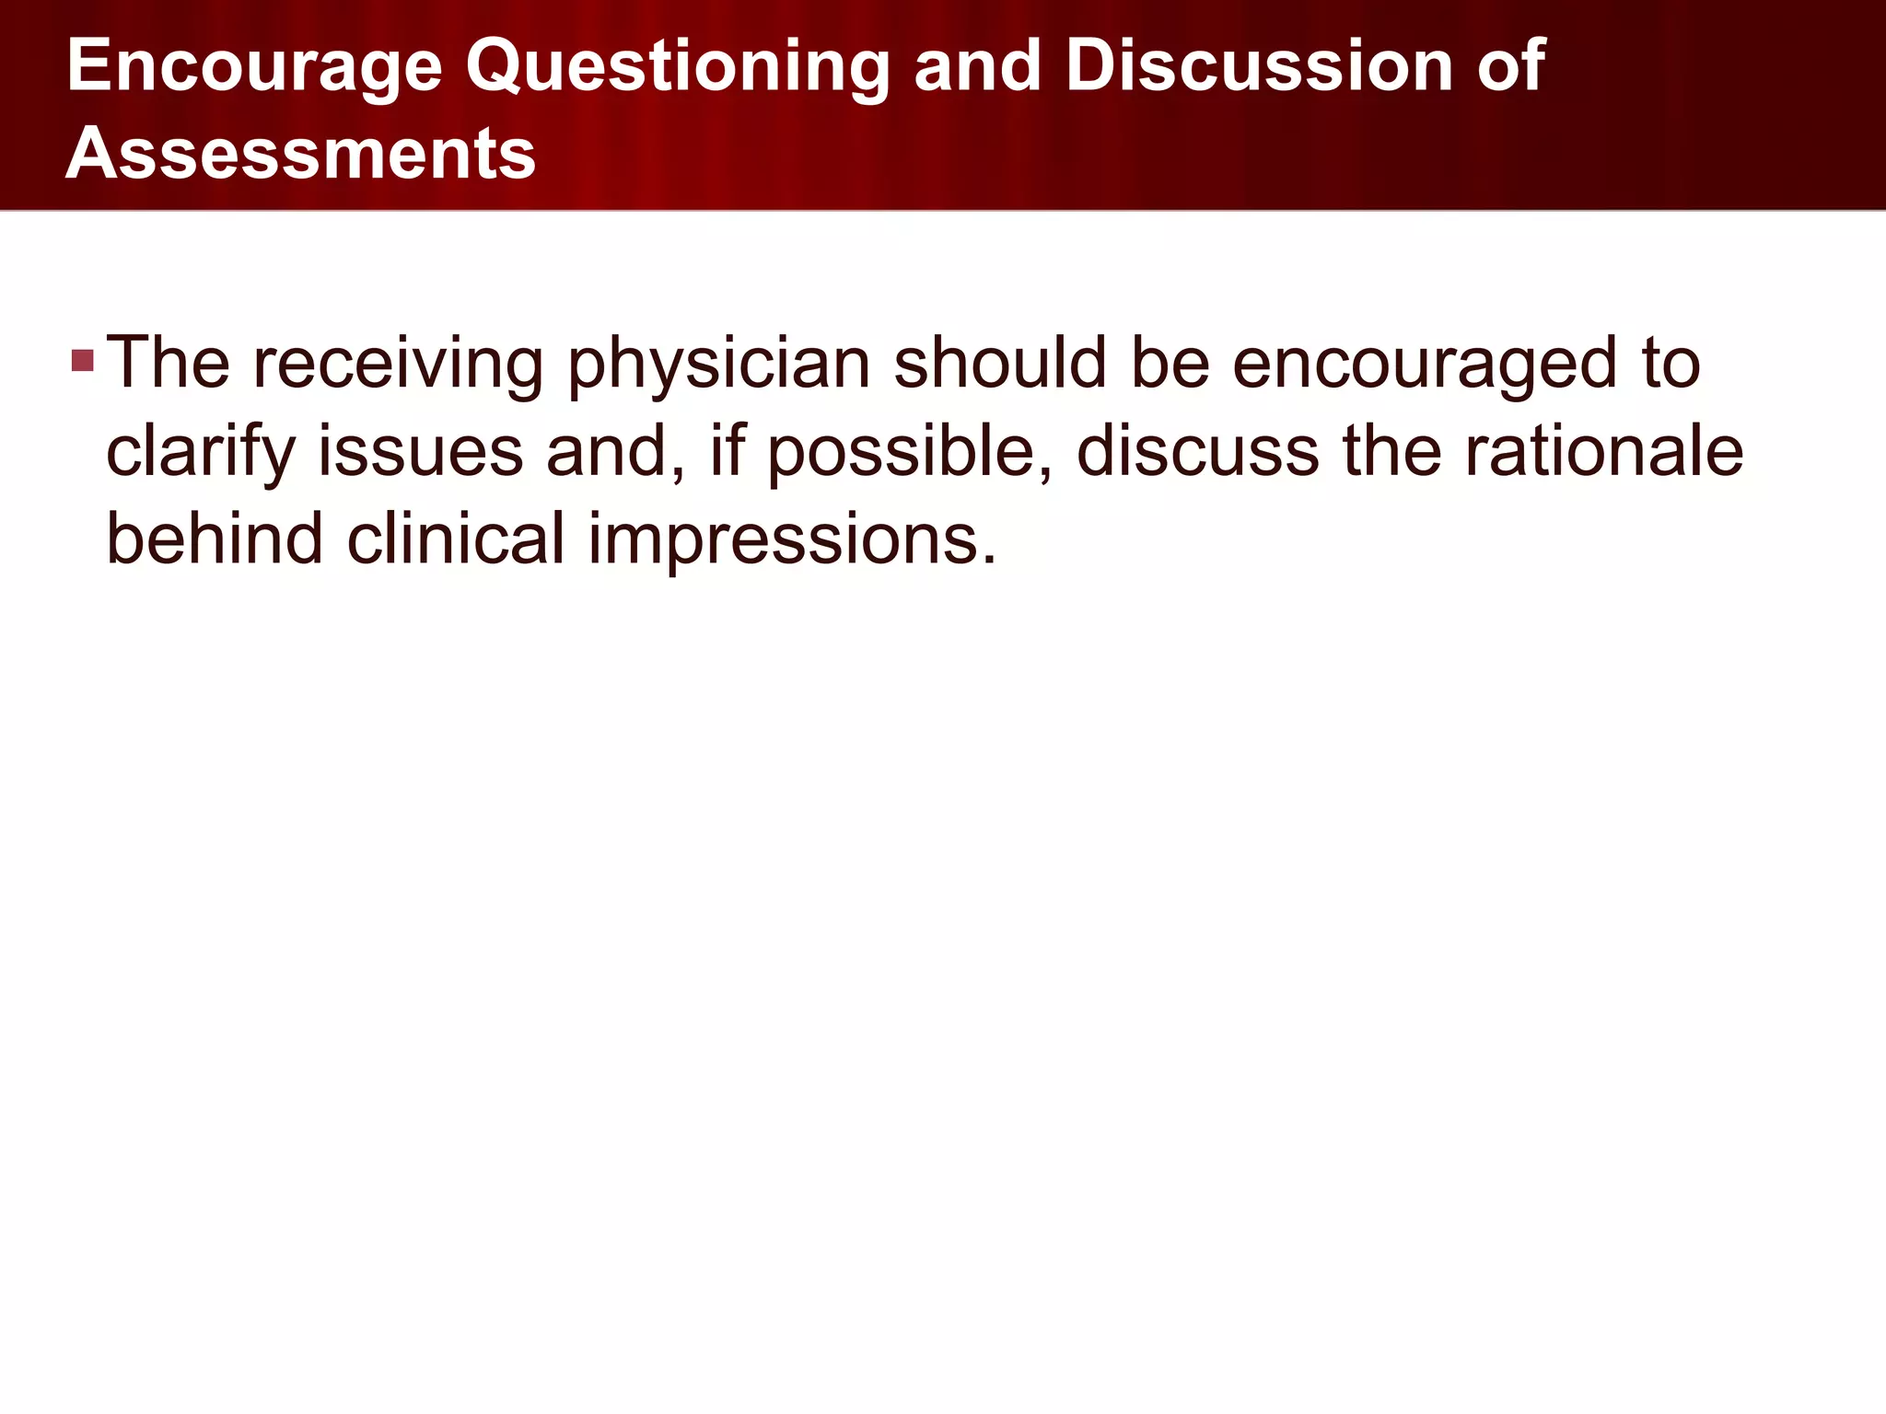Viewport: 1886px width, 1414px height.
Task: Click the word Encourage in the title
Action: tap(254, 68)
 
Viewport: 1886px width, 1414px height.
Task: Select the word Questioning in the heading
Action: tap(677, 68)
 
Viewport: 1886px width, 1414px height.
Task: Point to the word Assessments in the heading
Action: tap(300, 154)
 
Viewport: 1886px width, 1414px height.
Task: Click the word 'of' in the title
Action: tap(1510, 66)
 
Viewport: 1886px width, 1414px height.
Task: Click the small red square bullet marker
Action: tap(83, 360)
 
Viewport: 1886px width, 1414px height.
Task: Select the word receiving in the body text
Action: tap(398, 365)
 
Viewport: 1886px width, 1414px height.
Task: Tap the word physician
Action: tap(718, 365)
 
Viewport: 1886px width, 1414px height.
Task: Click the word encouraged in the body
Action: tap(1424, 365)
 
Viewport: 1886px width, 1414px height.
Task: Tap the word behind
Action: tap(215, 539)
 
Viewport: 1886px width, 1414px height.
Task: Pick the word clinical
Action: tap(455, 539)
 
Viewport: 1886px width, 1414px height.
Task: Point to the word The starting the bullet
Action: tap(168, 363)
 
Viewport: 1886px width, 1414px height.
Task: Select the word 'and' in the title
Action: tap(978, 66)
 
